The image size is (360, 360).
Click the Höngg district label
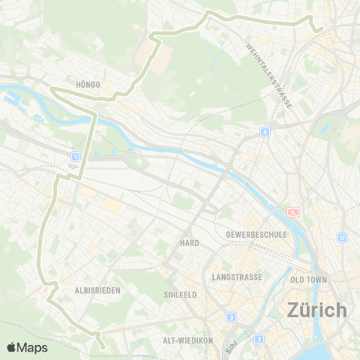(88, 85)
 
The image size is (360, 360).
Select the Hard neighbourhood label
(188, 244)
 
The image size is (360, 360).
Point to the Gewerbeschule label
(256, 235)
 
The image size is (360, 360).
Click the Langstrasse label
(237, 277)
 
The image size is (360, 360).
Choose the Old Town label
(307, 280)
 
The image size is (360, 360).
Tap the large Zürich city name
(317, 309)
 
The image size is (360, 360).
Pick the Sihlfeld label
(180, 295)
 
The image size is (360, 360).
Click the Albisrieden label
(98, 289)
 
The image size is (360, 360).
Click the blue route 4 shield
(265, 132)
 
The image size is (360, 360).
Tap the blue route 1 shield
(75, 156)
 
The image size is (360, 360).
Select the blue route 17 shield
(341, 238)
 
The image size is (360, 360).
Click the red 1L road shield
(292, 212)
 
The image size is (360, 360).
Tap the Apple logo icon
(12, 347)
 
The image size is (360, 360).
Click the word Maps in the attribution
(33, 347)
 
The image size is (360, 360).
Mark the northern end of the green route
(320, 29)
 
